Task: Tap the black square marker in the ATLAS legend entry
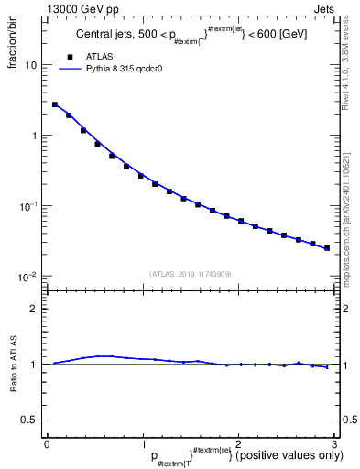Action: pos(71,57)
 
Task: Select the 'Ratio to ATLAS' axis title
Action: pos(12,364)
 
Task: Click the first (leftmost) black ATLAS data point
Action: pos(55,104)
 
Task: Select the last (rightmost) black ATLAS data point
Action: pos(327,247)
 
